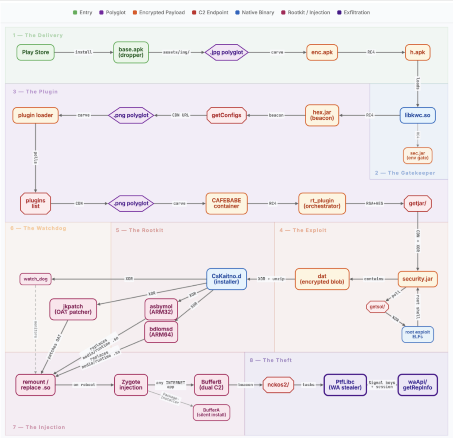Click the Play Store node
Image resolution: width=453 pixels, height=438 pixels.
coord(35,52)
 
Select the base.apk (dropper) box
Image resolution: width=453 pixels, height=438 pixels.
coord(131,52)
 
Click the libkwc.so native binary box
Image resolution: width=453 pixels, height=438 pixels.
coord(418,116)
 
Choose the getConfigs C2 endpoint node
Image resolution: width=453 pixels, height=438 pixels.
coord(227,116)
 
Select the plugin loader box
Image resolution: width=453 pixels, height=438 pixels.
coord(35,116)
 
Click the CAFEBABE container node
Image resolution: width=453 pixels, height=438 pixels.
coord(227,203)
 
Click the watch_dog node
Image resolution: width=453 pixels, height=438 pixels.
coord(35,279)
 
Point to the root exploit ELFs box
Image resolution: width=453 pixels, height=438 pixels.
coord(418,335)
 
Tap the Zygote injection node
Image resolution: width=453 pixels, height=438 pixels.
coord(131,385)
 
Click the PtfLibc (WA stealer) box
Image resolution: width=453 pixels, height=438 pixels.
coord(345,385)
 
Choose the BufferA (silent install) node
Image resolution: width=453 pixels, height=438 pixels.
coord(211,413)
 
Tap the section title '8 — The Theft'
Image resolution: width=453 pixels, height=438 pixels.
coord(271,360)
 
